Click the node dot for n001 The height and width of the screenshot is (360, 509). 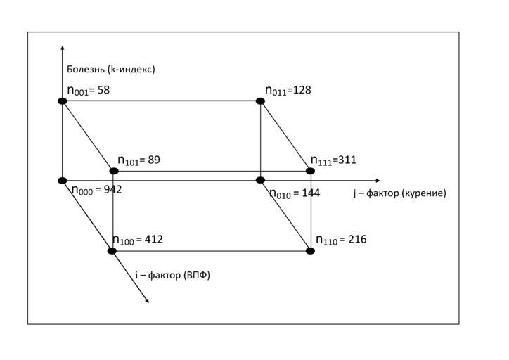[63, 101]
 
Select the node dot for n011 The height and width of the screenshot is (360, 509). [260, 101]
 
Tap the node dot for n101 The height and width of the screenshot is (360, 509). [114, 171]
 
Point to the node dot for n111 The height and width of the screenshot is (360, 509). [310, 171]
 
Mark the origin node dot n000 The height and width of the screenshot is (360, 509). [63, 181]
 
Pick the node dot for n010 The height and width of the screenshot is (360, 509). [260, 181]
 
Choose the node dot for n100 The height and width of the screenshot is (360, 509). [112, 251]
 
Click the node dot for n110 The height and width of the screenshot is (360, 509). [310, 251]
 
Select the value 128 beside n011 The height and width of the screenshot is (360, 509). [302, 90]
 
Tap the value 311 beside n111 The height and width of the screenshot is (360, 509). [347, 160]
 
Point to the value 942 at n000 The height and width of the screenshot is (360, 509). [122, 189]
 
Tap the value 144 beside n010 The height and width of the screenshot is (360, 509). [311, 193]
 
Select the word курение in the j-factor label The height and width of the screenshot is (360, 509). [423, 193]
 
